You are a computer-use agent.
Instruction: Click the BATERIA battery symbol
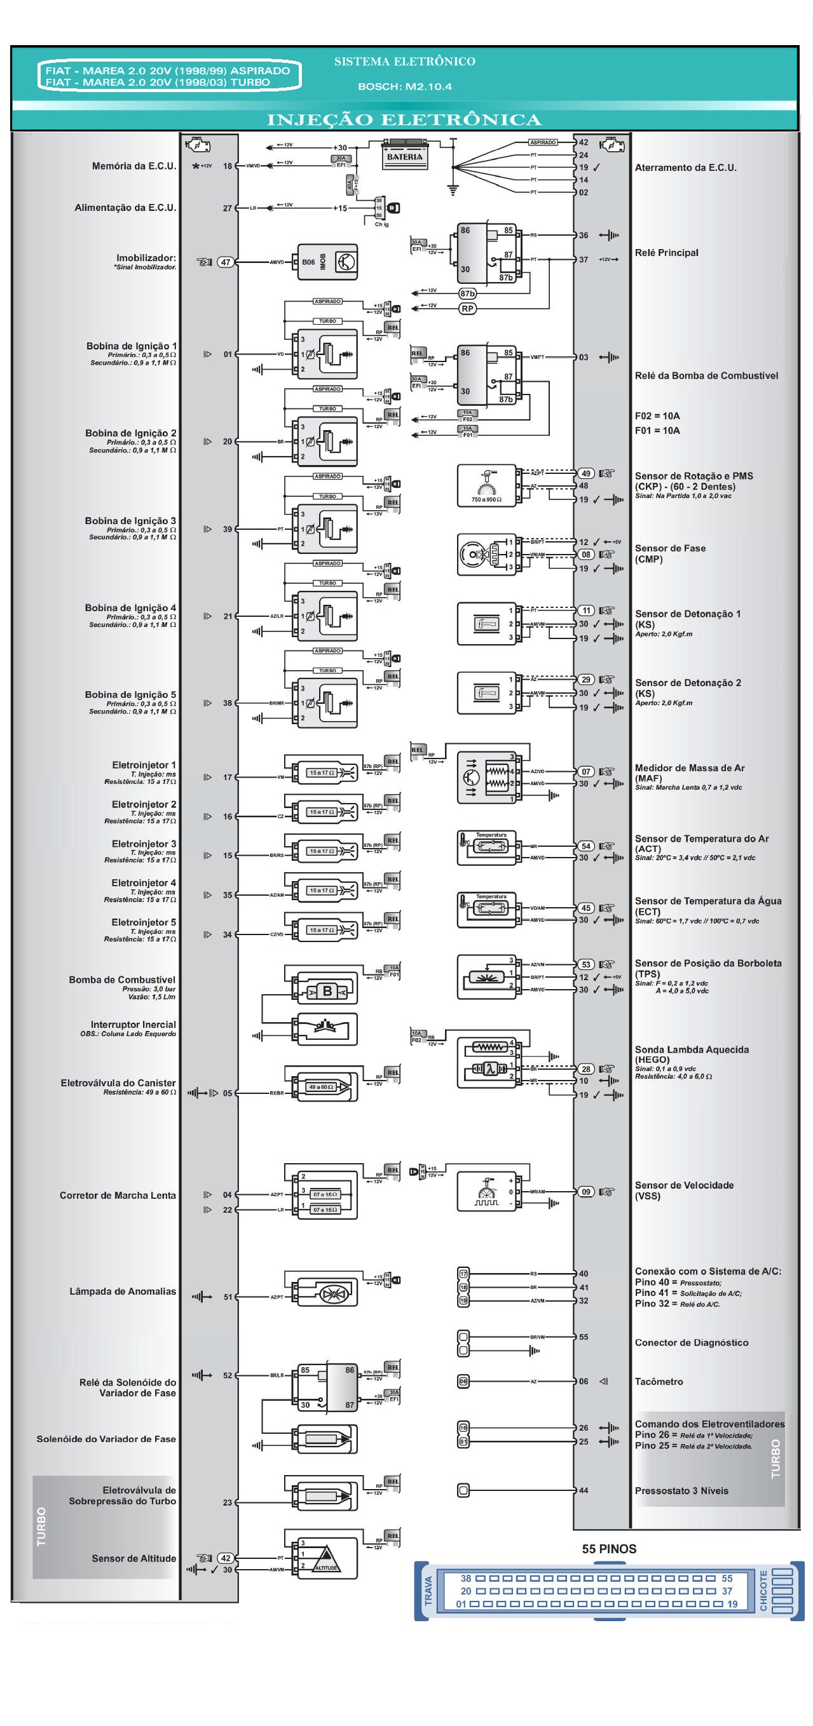coord(405,156)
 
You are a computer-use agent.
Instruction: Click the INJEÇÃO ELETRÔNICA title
coord(404,120)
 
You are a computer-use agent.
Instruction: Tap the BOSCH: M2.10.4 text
coord(405,86)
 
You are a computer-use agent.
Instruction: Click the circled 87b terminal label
coord(467,293)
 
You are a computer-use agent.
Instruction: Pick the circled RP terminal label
coord(467,308)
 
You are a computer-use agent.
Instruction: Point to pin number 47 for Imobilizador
coord(226,262)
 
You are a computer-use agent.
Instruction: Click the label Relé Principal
coord(666,253)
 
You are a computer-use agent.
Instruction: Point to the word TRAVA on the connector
coord(428,1591)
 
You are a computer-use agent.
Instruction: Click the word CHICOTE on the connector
coord(763,1591)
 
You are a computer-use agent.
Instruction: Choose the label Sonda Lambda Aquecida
coord(692,1050)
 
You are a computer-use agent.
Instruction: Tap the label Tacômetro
coord(659,1382)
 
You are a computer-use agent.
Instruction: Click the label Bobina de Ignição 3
coord(130,521)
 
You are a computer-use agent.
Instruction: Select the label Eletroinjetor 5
coord(144,922)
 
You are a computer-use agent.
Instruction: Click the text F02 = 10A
coord(657,416)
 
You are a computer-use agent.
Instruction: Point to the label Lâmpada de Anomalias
coord(123,1291)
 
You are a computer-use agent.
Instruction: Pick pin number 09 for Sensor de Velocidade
coord(586,1192)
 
